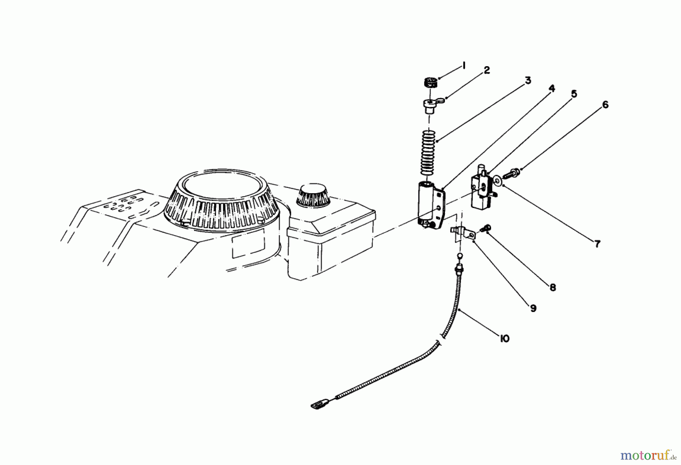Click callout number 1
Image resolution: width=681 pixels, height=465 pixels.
[463, 66]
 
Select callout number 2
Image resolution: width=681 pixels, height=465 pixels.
[487, 70]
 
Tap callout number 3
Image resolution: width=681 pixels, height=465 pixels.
[528, 81]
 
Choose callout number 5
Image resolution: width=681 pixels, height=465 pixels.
[574, 94]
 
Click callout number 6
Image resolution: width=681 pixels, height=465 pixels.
[605, 105]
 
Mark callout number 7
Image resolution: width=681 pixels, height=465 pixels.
[597, 244]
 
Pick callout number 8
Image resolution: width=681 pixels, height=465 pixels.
[553, 288]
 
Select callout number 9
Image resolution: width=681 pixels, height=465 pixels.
[533, 308]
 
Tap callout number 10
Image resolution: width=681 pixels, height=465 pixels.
[504, 338]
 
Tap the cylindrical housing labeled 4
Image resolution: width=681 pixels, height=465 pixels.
[428, 204]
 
